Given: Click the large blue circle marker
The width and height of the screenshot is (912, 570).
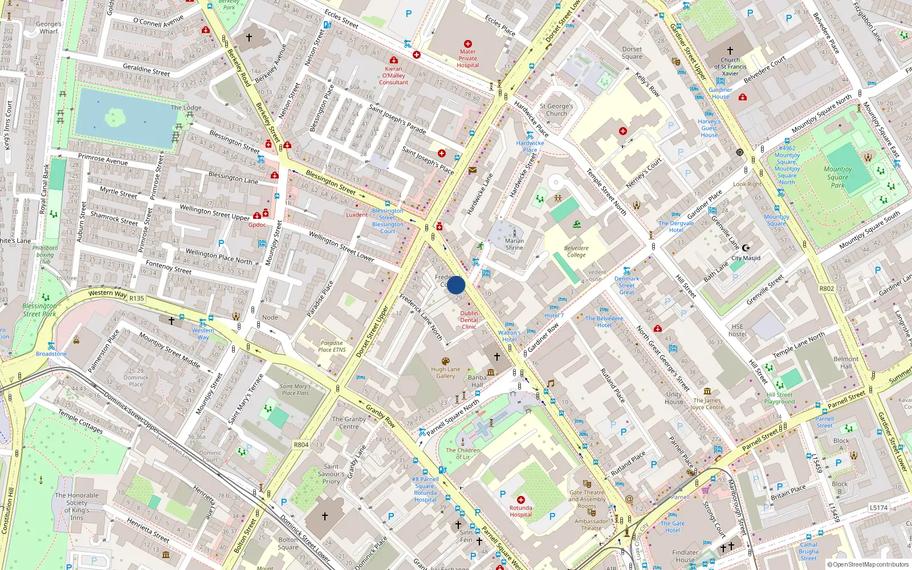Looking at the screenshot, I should click(x=456, y=285).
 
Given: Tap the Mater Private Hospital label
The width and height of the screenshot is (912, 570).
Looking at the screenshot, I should click(x=467, y=58).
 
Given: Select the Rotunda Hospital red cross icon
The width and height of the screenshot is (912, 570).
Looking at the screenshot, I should click(x=520, y=499).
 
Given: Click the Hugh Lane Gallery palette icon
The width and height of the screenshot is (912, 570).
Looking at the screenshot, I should click(x=445, y=361).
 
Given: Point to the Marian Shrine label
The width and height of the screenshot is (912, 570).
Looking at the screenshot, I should click(x=514, y=244).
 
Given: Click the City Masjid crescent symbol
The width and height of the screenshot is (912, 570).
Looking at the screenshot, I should click(x=746, y=248).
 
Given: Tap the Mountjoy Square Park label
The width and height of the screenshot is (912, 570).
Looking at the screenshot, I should click(x=837, y=177).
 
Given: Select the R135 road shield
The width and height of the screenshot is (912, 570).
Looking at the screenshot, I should click(x=137, y=298).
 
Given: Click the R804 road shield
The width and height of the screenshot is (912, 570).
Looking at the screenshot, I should click(x=301, y=445).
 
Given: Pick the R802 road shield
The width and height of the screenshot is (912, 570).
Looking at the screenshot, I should click(x=826, y=288).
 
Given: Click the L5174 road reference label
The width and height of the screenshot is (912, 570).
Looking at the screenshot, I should click(x=878, y=507).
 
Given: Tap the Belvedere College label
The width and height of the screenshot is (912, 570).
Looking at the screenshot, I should click(x=576, y=251).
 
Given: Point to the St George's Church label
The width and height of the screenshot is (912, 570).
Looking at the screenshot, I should click(x=556, y=109).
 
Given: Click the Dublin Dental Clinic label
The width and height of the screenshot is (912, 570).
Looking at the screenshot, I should click(x=469, y=320).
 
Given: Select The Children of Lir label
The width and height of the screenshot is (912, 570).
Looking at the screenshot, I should click(x=463, y=453).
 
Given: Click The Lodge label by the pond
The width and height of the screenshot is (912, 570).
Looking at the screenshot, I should click(x=186, y=107).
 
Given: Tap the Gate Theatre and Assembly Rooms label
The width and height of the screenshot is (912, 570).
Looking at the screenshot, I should click(x=587, y=499).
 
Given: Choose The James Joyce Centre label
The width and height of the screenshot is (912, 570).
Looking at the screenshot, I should click(x=707, y=404).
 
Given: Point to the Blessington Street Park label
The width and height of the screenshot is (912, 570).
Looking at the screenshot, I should click(x=39, y=310).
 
